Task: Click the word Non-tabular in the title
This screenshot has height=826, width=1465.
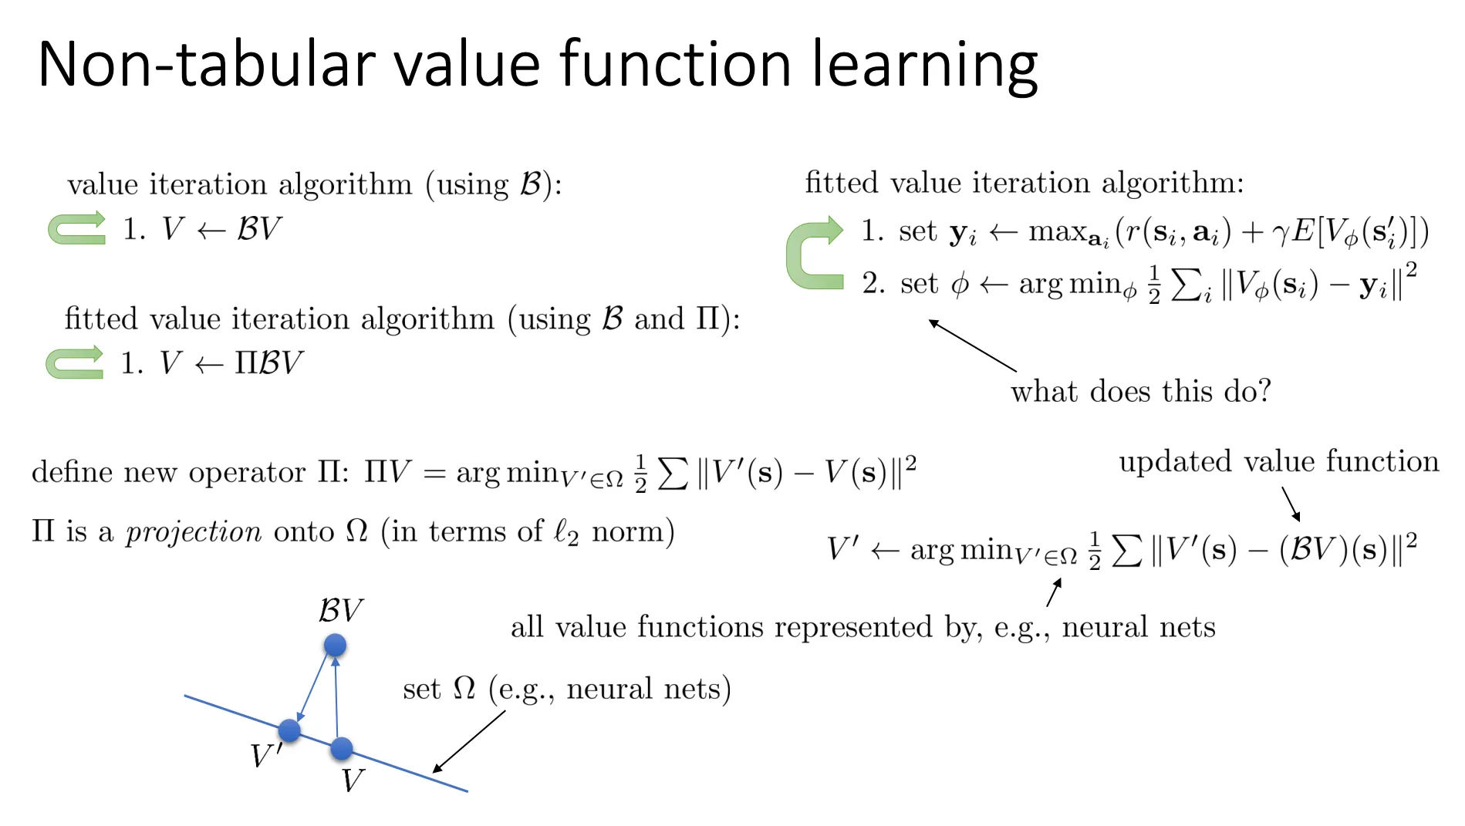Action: pyautogui.click(x=207, y=64)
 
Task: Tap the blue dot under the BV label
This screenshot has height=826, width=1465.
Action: pyautogui.click(x=335, y=646)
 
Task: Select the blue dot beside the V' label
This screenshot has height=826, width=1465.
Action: pyautogui.click(x=289, y=730)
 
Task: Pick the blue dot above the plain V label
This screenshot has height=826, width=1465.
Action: pyautogui.click(x=341, y=747)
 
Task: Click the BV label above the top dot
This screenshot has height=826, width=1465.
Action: pyautogui.click(x=340, y=610)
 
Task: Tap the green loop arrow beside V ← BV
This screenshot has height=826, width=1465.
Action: pyautogui.click(x=76, y=228)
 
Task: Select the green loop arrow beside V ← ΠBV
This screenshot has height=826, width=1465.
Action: pyautogui.click(x=74, y=362)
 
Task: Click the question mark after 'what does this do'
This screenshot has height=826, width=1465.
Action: pyautogui.click(x=1264, y=391)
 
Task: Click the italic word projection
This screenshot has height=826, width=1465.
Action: pyautogui.click(x=194, y=531)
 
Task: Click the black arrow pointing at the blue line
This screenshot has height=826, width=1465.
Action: pyautogui.click(x=469, y=741)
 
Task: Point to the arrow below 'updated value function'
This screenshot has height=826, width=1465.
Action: pyautogui.click(x=1291, y=504)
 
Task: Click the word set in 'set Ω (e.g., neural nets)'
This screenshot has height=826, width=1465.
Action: pyautogui.click(x=421, y=689)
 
